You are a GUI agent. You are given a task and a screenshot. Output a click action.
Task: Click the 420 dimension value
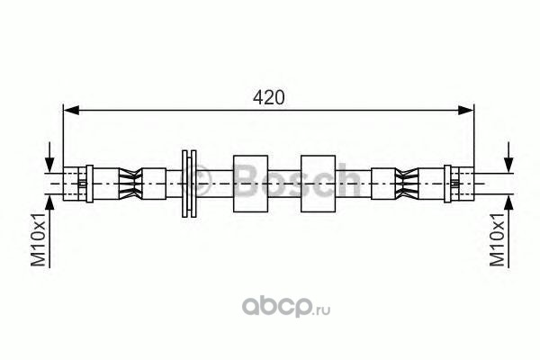point(268,97)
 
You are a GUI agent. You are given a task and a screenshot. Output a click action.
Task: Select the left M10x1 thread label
point(39,239)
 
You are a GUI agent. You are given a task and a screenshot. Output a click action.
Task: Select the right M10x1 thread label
point(498,239)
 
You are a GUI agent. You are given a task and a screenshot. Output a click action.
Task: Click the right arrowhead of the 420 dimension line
point(465,110)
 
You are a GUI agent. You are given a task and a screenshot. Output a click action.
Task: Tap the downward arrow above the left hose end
point(49,156)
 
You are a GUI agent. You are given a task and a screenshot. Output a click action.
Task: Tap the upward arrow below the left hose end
point(49,231)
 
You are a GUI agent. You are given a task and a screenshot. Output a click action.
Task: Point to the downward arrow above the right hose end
point(508,156)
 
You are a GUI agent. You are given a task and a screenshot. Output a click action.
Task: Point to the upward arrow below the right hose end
point(508,231)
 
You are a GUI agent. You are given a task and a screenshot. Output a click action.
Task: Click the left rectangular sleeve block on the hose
point(251,184)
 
